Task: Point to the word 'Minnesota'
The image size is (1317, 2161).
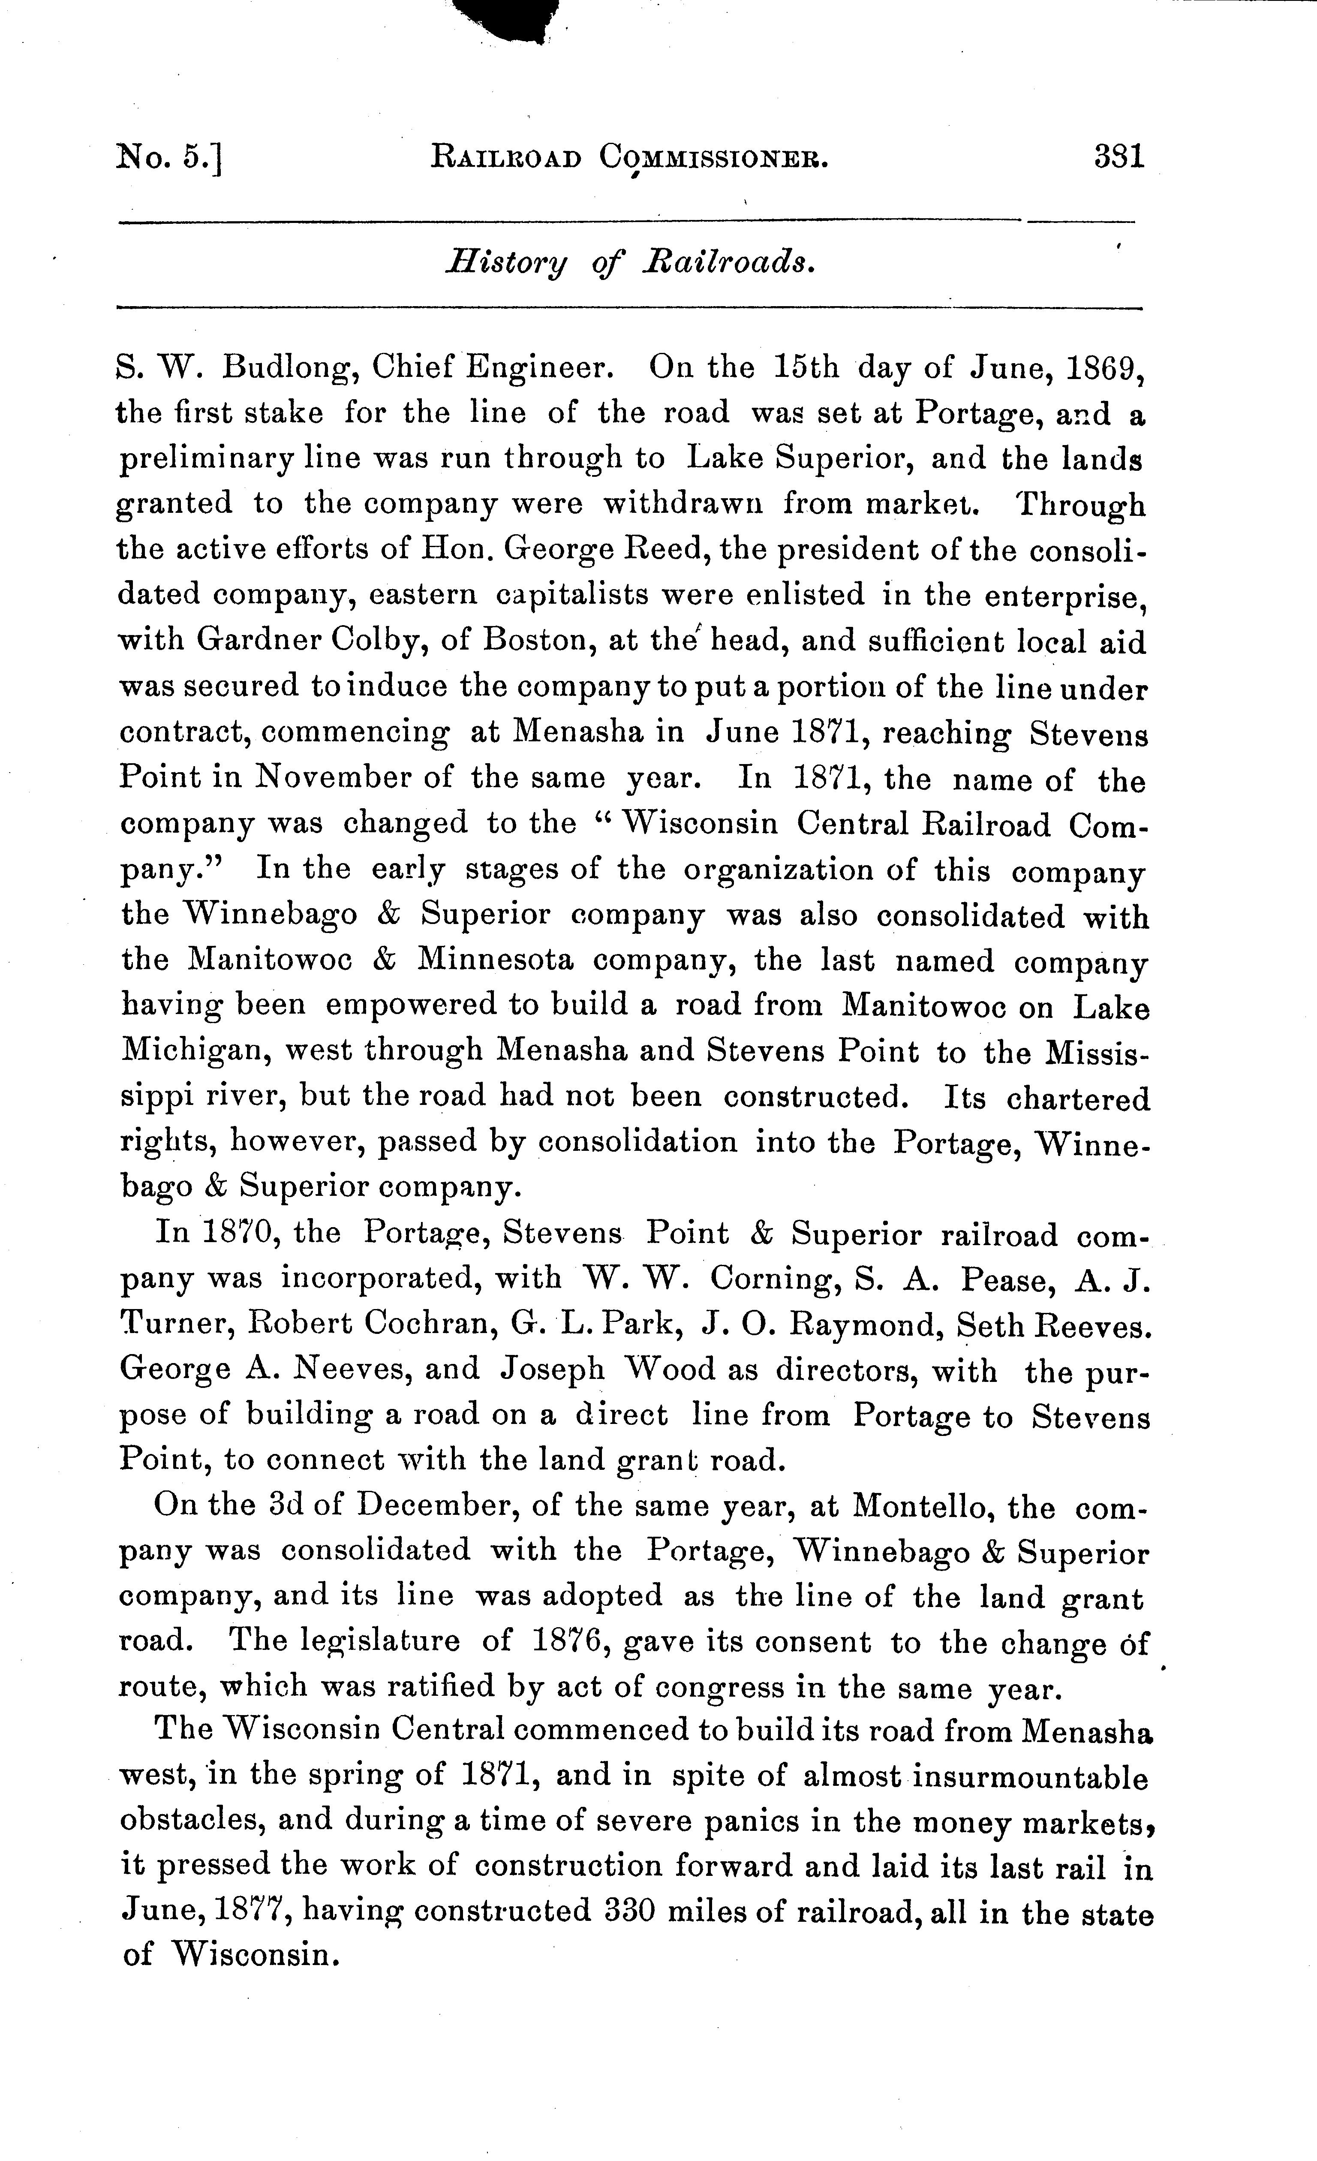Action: coord(496,960)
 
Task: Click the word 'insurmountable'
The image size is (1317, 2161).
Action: coord(1030,1778)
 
